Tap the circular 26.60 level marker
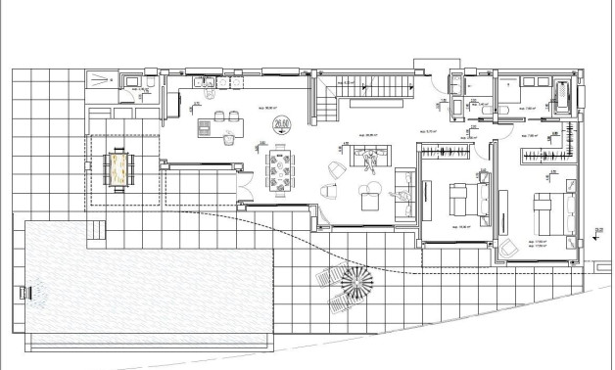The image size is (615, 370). pyautogui.click(x=284, y=123)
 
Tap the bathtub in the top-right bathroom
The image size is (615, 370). pyautogui.click(x=564, y=95)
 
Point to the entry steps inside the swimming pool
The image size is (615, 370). pyautogui.click(x=96, y=230)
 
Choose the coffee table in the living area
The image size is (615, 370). pyautogui.click(x=369, y=200)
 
